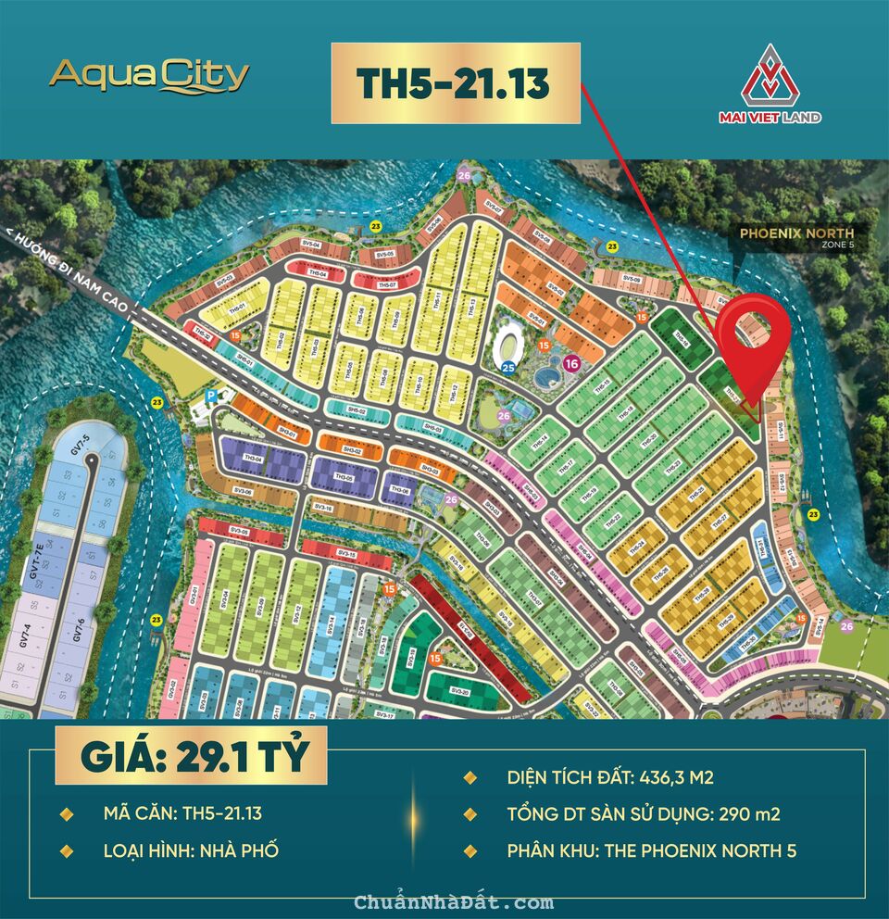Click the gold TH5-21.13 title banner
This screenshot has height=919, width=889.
tap(456, 83)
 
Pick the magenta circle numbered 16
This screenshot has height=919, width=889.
tap(571, 364)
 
